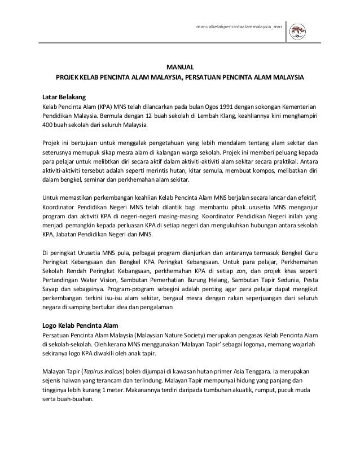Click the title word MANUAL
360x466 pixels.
(x=180, y=66)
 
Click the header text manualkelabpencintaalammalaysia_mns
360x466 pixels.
(x=239, y=28)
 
